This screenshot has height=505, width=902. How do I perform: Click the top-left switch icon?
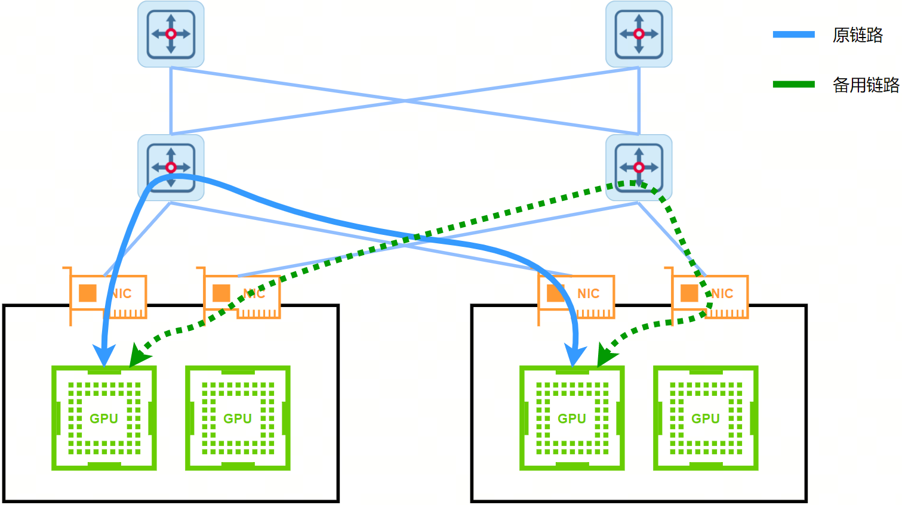point(171,34)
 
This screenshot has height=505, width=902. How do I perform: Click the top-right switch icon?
point(639,34)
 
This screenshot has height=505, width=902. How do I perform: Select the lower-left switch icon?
point(171,168)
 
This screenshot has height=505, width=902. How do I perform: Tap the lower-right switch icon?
point(639,168)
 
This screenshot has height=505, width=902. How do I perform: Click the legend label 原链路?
point(857,35)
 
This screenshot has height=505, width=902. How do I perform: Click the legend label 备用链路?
point(866,85)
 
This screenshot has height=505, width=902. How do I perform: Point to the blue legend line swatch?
point(793,35)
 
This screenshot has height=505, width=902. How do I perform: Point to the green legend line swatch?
point(793,84)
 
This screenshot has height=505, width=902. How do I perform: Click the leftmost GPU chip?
point(104,418)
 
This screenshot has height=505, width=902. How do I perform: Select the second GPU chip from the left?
point(238,418)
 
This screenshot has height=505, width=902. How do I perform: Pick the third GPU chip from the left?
point(572,418)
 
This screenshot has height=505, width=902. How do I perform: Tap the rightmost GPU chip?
point(706,418)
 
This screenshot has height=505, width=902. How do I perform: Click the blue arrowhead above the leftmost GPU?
point(104,355)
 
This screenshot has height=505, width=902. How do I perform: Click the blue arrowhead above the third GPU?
point(575,355)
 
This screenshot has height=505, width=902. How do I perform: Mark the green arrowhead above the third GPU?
point(605,357)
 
